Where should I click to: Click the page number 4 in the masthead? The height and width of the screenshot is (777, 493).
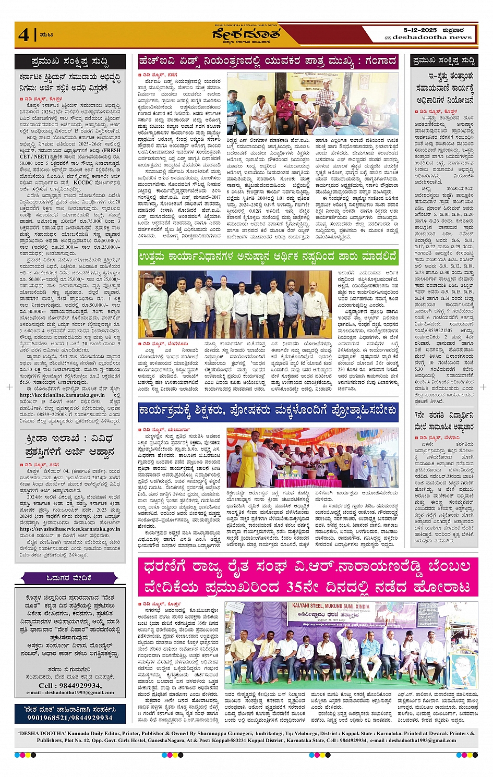click(23, 34)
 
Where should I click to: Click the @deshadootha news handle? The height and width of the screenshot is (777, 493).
click(428, 38)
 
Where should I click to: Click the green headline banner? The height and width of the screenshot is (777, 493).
click(268, 257)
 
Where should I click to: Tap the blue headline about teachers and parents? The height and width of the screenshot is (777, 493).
click(268, 411)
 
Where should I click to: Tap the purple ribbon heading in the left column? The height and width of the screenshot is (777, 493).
click(68, 578)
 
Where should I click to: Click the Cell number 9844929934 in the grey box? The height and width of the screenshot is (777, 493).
click(70, 685)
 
